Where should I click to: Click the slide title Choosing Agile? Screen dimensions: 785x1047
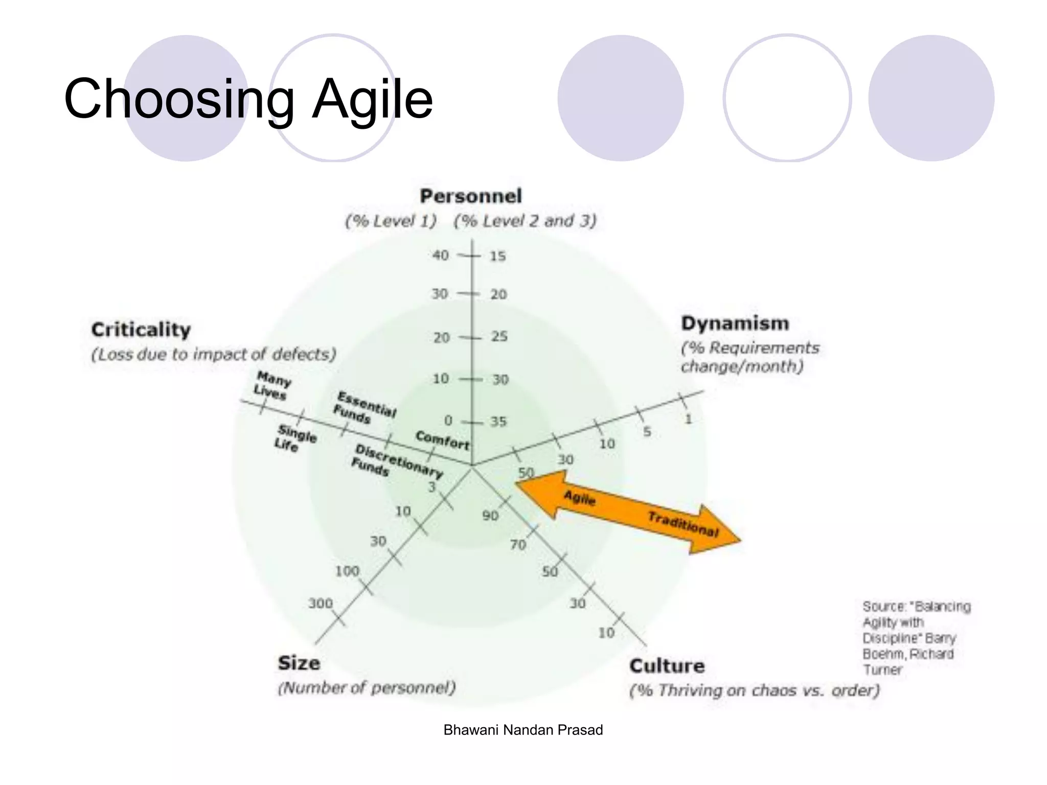point(248,99)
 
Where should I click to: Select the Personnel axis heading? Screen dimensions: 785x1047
point(471,196)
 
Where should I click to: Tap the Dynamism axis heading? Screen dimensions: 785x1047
point(735,324)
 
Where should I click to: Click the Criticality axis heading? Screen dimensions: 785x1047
point(141,330)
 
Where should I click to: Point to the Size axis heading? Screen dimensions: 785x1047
point(299,663)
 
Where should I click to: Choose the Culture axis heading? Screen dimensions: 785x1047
point(667,666)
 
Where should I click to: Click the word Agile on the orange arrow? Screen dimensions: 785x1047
point(580,497)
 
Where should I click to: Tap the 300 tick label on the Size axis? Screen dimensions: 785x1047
point(321,604)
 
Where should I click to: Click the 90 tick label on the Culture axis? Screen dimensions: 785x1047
point(490,516)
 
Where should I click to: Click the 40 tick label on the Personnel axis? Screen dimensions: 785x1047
point(440,255)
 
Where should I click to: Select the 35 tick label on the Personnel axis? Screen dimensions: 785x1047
point(498,422)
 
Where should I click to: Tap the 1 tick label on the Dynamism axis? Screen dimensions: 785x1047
point(688,420)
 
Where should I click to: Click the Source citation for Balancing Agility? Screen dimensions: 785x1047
point(916,638)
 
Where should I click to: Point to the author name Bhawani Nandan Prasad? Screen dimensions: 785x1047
point(523,730)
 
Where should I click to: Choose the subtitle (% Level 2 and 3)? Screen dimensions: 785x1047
point(525,221)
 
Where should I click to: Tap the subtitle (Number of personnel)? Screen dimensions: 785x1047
point(367,688)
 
